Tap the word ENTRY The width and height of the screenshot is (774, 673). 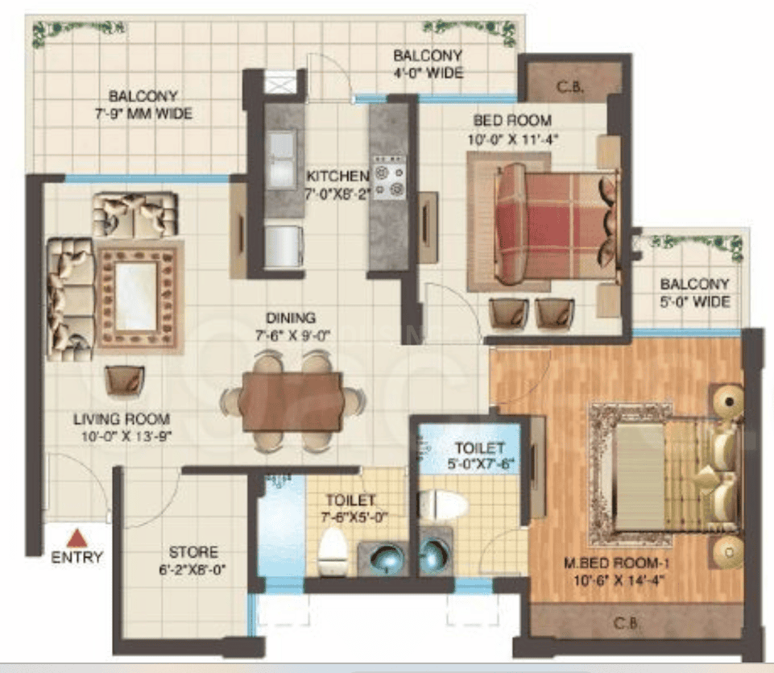(x=77, y=558)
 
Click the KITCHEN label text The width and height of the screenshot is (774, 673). (x=337, y=177)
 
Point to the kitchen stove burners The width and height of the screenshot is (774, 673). (x=389, y=178)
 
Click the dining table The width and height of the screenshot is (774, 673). (x=291, y=401)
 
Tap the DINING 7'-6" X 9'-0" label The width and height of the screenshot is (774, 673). (x=292, y=326)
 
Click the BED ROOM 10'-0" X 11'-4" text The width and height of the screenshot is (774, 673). (x=512, y=130)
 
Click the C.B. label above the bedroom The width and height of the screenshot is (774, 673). (x=570, y=88)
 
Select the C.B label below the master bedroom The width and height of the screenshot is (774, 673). (x=626, y=623)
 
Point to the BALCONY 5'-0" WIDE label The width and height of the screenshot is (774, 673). (x=695, y=293)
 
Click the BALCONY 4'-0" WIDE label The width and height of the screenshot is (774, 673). (x=428, y=64)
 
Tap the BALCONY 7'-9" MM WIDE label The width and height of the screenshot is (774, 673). (x=143, y=105)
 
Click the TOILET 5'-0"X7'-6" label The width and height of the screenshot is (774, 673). (x=478, y=455)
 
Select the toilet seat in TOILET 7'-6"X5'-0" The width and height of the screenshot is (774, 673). (x=331, y=551)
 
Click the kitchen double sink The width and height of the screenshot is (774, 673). (x=283, y=160)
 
